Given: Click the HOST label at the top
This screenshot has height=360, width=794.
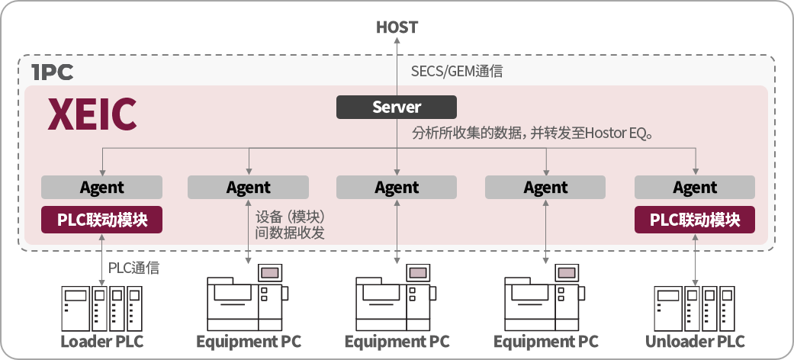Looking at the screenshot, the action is [397, 27].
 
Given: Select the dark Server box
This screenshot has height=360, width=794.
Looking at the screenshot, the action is [397, 107].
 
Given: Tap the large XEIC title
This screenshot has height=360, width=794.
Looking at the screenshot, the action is [92, 115].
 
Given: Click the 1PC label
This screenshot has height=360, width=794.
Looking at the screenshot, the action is [52, 72].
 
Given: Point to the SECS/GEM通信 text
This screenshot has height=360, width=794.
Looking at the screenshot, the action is [457, 72].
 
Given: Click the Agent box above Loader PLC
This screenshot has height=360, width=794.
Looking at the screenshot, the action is [101, 188].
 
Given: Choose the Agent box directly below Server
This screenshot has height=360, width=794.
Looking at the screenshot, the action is [397, 188].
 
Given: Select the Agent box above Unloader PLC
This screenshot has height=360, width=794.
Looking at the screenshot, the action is [695, 188].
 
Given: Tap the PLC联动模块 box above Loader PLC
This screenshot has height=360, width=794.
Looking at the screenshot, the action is [101, 220].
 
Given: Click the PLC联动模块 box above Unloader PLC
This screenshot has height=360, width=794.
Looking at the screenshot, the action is [695, 220].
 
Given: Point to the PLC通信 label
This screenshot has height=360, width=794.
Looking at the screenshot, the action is [133, 268].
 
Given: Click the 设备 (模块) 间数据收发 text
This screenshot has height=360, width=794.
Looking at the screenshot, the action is [290, 225].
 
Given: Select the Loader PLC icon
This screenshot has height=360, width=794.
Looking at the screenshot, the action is [101, 308].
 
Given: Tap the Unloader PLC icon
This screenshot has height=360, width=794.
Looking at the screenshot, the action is [694, 308].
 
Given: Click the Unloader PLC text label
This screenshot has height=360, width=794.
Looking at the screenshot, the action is [695, 341].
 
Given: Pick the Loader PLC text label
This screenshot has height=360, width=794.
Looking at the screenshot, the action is [101, 341].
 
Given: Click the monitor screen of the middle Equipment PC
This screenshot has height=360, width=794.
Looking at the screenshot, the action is [418, 273].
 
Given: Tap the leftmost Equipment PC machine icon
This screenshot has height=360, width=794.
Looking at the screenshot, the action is [248, 297].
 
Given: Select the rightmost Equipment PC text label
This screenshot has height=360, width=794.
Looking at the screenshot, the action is [546, 342].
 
